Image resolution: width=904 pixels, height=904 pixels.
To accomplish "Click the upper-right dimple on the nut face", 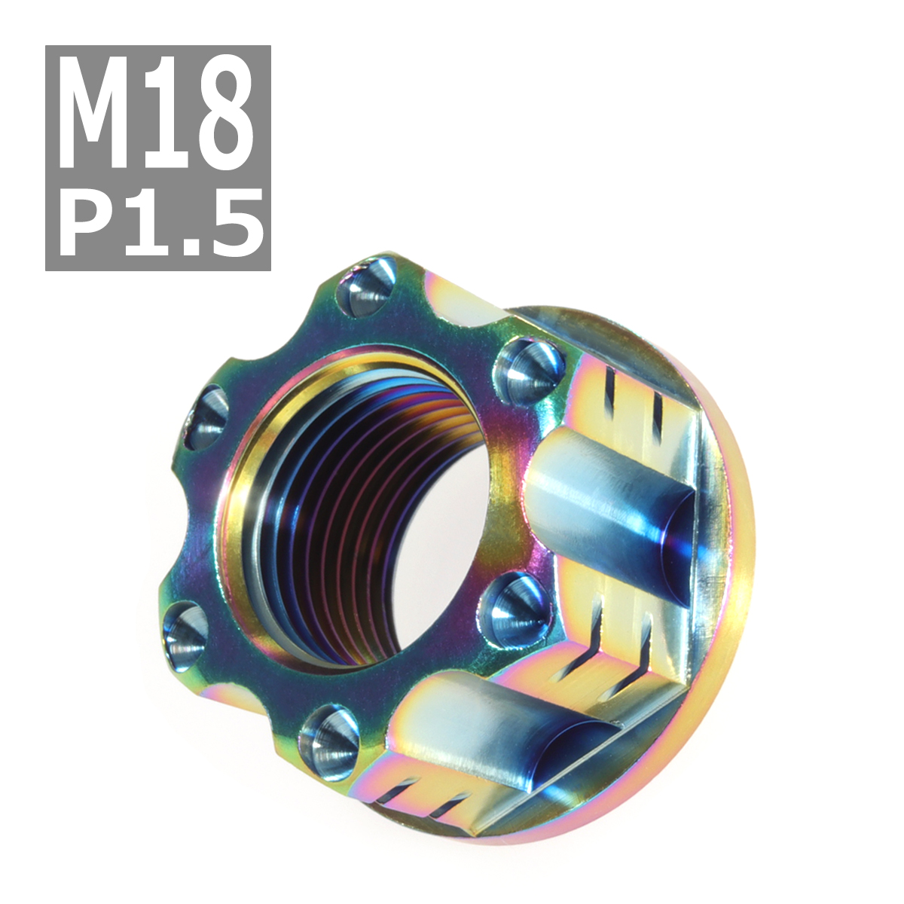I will point(529,365).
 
